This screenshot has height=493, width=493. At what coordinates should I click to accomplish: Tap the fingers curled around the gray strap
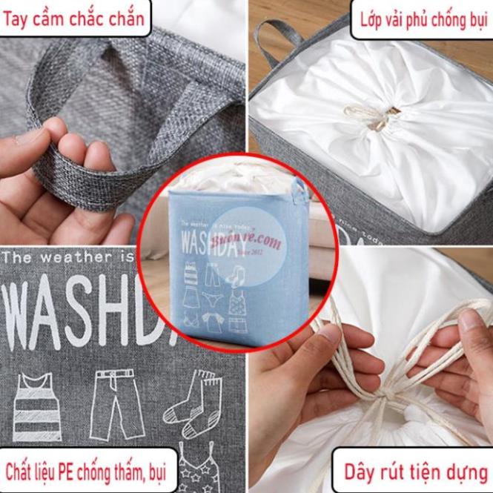pos(67,148)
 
